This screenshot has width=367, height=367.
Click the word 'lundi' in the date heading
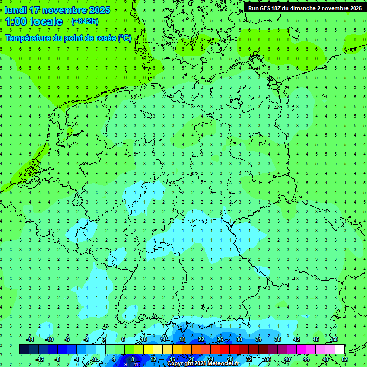click(x=16, y=10)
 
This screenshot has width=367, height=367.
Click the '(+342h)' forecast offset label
click(x=85, y=22)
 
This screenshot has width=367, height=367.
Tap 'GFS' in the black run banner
click(x=267, y=8)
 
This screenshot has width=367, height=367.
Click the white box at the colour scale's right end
click(x=339, y=349)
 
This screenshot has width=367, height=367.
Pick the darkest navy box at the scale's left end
click(x=24, y=349)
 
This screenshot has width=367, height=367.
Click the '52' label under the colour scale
click(x=344, y=359)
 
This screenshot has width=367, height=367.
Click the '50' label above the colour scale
click(x=335, y=339)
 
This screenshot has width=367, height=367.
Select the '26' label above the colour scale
click(x=220, y=339)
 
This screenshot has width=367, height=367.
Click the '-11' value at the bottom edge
click(x=135, y=364)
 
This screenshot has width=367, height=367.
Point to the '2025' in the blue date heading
click(x=99, y=10)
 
